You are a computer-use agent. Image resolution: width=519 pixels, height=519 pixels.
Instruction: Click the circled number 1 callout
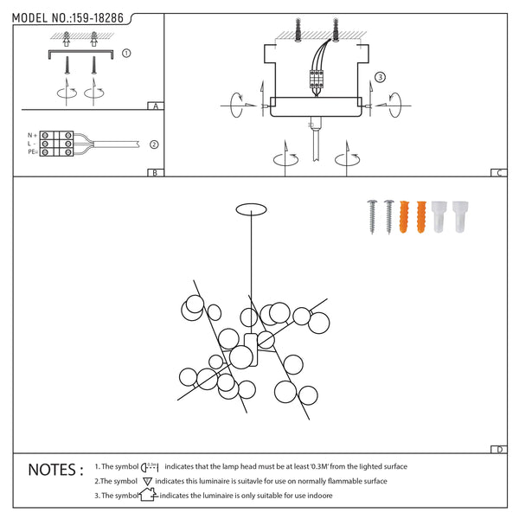coord(126,53)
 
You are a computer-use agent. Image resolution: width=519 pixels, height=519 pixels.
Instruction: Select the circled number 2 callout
coord(154,144)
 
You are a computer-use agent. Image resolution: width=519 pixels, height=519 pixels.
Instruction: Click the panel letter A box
coord(154,106)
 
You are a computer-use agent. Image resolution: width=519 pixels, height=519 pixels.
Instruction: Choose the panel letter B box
coord(153,172)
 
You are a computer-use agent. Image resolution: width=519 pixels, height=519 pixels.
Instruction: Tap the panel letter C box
coord(499,172)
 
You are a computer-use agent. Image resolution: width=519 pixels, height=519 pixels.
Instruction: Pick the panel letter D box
coord(499,450)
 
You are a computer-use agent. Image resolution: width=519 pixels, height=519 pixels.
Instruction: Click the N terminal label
coord(31,136)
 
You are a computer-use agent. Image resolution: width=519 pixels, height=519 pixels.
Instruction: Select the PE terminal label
coord(32,152)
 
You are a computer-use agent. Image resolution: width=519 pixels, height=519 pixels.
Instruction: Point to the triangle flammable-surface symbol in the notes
coord(148,481)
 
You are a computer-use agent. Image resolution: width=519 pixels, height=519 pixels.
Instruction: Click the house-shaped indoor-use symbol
coord(147,496)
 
